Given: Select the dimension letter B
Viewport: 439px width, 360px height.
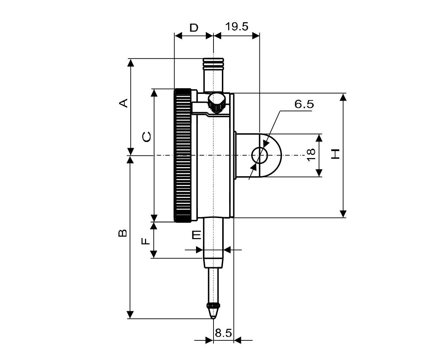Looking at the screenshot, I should point(123,233).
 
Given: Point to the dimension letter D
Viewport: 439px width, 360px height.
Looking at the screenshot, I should point(194,28).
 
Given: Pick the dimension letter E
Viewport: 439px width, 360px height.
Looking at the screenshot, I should point(196,235).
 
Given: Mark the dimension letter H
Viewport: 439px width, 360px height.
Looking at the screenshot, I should point(335,154).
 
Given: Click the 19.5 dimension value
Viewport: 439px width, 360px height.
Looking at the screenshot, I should point(236,27).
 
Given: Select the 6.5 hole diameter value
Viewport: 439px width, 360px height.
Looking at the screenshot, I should point(304,104).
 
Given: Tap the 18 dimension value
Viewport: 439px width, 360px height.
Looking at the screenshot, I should point(311,155).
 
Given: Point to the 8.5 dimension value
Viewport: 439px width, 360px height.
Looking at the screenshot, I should point(223,333).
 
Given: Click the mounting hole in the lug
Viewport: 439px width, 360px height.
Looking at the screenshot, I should point(259,156).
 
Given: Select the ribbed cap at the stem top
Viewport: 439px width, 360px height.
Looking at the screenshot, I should point(213,64).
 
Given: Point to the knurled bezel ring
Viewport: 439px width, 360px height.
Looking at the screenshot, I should point(183,155).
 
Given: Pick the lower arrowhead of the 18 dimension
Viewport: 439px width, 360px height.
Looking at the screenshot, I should point(319,173).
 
